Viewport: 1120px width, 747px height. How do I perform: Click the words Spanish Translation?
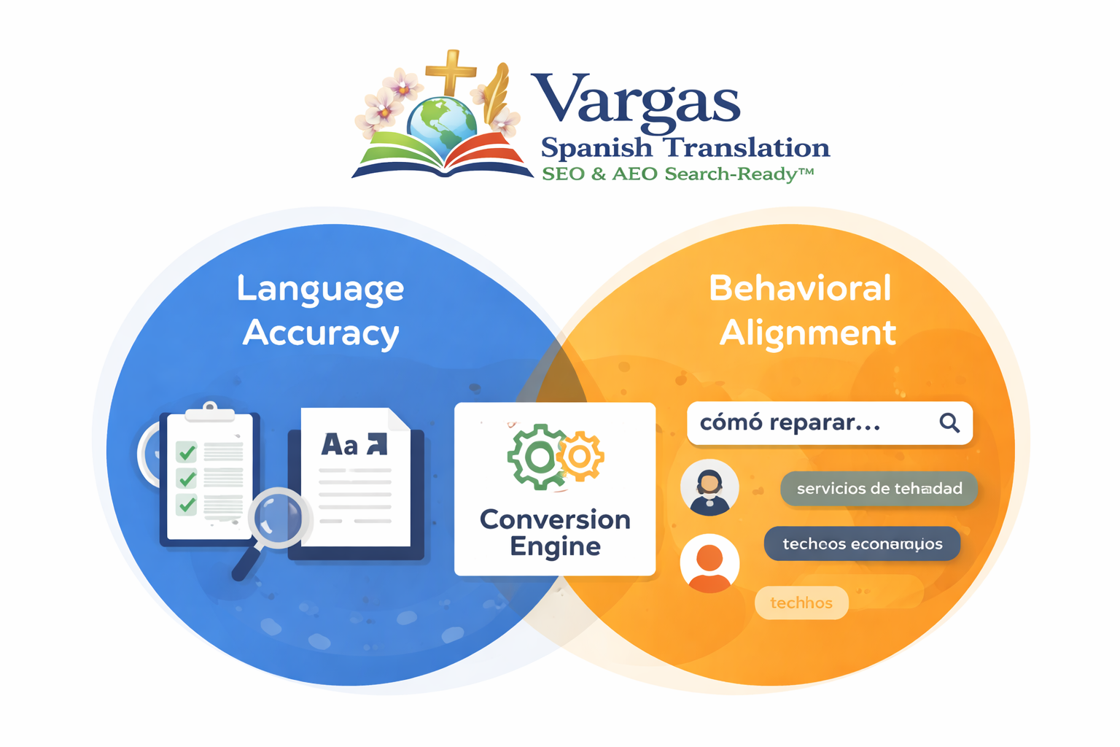point(685,148)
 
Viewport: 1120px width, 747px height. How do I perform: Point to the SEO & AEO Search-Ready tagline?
point(677,174)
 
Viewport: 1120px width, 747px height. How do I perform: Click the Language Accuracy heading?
point(320,311)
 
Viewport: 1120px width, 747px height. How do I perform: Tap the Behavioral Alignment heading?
point(801,311)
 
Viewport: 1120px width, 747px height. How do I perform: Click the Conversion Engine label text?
point(555,533)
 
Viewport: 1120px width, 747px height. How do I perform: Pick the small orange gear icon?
point(580,457)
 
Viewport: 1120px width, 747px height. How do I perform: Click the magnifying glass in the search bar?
point(949,422)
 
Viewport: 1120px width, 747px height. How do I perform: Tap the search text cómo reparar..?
point(790,423)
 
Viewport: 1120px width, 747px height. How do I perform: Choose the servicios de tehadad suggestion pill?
point(879,489)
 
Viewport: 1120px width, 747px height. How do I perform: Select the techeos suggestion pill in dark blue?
point(862,544)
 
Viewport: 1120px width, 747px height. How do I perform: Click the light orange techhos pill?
point(801,603)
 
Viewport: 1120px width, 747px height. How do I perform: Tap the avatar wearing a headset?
point(709,487)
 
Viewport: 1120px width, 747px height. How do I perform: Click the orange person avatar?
point(709,563)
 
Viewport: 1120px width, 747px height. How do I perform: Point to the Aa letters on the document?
point(340,444)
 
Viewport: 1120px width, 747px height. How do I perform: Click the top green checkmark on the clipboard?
point(187,452)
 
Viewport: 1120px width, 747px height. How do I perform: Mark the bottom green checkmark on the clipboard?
point(187,504)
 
